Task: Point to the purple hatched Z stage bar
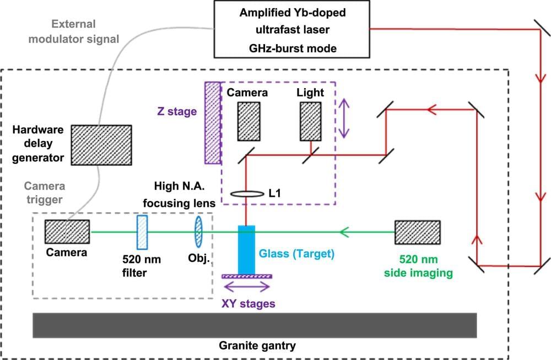(x=212, y=122)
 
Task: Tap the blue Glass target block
(x=246, y=249)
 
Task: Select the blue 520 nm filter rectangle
(x=142, y=232)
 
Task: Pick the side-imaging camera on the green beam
(x=67, y=232)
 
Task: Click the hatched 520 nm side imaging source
(x=417, y=232)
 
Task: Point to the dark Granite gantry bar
(x=254, y=325)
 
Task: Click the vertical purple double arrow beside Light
(x=344, y=118)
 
